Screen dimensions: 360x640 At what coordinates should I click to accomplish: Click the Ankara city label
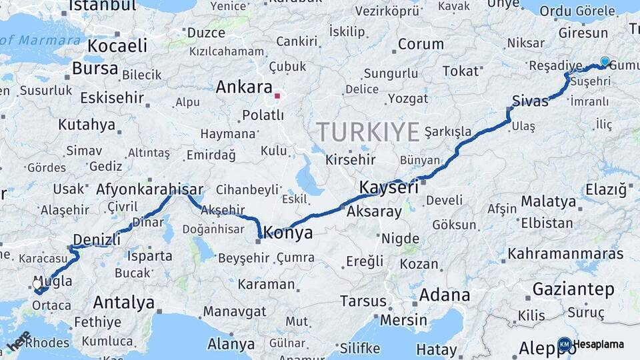[244, 87]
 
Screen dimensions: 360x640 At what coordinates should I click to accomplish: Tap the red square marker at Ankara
[277, 96]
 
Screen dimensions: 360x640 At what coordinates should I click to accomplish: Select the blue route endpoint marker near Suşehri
[605, 61]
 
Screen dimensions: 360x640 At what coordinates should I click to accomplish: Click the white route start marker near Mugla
[37, 284]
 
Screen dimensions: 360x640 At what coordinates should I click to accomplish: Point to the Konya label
[288, 233]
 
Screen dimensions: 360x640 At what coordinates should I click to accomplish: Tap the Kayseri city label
[389, 187]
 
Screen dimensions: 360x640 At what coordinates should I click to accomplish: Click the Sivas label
[530, 101]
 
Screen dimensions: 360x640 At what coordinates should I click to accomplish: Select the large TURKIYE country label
[367, 131]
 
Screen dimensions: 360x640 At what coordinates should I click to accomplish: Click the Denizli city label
[96, 239]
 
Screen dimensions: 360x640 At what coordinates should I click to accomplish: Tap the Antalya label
[123, 302]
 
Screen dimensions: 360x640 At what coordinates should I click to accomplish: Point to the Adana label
[445, 295]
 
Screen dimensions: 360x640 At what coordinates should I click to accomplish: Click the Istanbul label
[102, 6]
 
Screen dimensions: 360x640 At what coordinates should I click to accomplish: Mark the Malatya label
[548, 201]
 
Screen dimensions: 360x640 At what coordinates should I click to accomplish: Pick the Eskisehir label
[112, 98]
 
